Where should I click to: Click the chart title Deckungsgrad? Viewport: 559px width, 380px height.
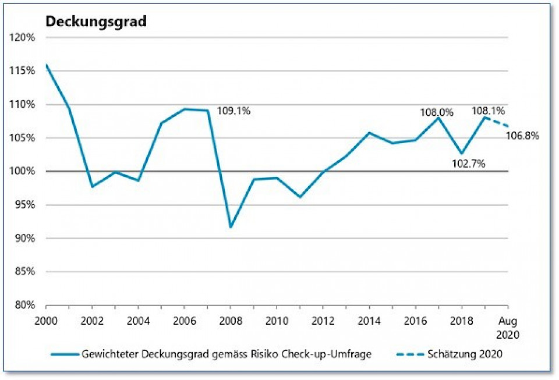pyautogui.click(x=96, y=22)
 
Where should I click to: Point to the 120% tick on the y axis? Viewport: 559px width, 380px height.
pyautogui.click(x=23, y=37)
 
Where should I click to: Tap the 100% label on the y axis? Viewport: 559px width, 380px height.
pyautogui.click(x=23, y=172)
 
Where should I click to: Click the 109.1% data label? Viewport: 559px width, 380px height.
pyautogui.click(x=233, y=111)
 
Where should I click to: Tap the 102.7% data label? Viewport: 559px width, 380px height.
pyautogui.click(x=469, y=164)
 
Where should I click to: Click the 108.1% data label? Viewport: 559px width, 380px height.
pyautogui.click(x=488, y=110)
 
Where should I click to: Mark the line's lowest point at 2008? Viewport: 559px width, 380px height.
pyautogui.click(x=231, y=227)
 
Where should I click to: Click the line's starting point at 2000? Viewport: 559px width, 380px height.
pyautogui.click(x=46, y=65)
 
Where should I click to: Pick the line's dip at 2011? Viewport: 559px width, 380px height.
pyautogui.click(x=300, y=197)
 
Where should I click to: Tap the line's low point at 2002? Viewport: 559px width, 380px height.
pyautogui.click(x=92, y=187)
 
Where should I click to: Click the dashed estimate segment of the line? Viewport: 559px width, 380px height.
pyautogui.click(x=497, y=122)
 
